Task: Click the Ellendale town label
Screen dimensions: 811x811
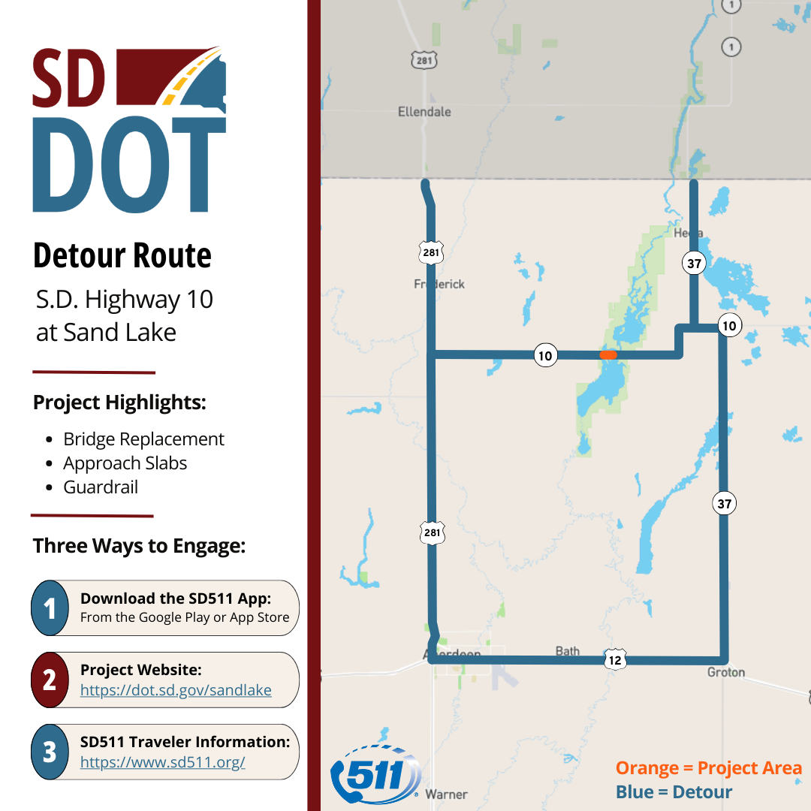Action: [424, 112]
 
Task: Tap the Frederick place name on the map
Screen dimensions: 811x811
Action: [439, 284]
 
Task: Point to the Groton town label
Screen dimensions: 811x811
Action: [725, 672]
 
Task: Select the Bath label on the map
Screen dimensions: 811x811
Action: [567, 651]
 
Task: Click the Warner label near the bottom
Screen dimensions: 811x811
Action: [446, 794]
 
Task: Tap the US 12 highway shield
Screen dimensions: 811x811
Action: [615, 659]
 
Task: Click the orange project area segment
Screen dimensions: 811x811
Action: [608, 354]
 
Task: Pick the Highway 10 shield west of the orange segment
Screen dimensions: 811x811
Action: [545, 354]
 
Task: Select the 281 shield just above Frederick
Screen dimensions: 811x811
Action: [431, 253]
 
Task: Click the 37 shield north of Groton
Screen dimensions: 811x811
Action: [724, 504]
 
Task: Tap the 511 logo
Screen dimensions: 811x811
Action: [376, 773]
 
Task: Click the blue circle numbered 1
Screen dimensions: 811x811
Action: [50, 608]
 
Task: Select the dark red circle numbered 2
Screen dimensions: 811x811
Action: [50, 680]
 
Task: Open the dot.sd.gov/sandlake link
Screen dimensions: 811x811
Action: [176, 690]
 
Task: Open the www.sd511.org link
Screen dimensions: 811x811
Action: [163, 762]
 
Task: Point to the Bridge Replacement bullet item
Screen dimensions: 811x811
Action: [143, 439]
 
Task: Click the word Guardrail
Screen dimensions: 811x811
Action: [101, 487]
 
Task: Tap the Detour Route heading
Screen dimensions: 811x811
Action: [122, 256]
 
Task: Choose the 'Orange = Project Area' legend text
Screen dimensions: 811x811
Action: [709, 768]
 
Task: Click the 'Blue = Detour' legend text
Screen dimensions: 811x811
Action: [674, 792]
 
